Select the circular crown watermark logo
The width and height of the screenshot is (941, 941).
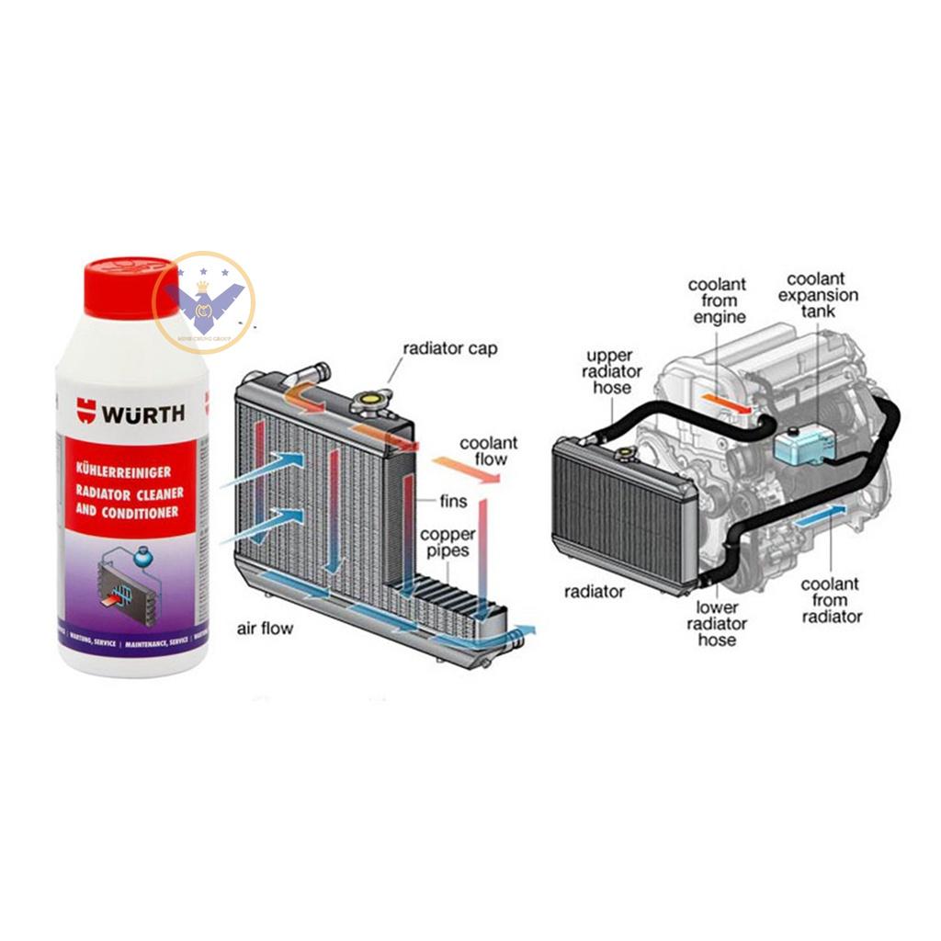[203, 302]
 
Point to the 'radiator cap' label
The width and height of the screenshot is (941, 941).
[450, 349]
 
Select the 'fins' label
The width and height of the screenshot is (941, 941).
[453, 502]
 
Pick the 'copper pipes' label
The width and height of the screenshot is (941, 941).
[448, 542]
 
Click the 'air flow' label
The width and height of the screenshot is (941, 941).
[265, 629]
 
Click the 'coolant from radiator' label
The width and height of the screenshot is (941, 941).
[830, 600]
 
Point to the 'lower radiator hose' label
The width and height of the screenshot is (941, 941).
[717, 623]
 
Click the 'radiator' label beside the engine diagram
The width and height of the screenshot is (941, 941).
[594, 591]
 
